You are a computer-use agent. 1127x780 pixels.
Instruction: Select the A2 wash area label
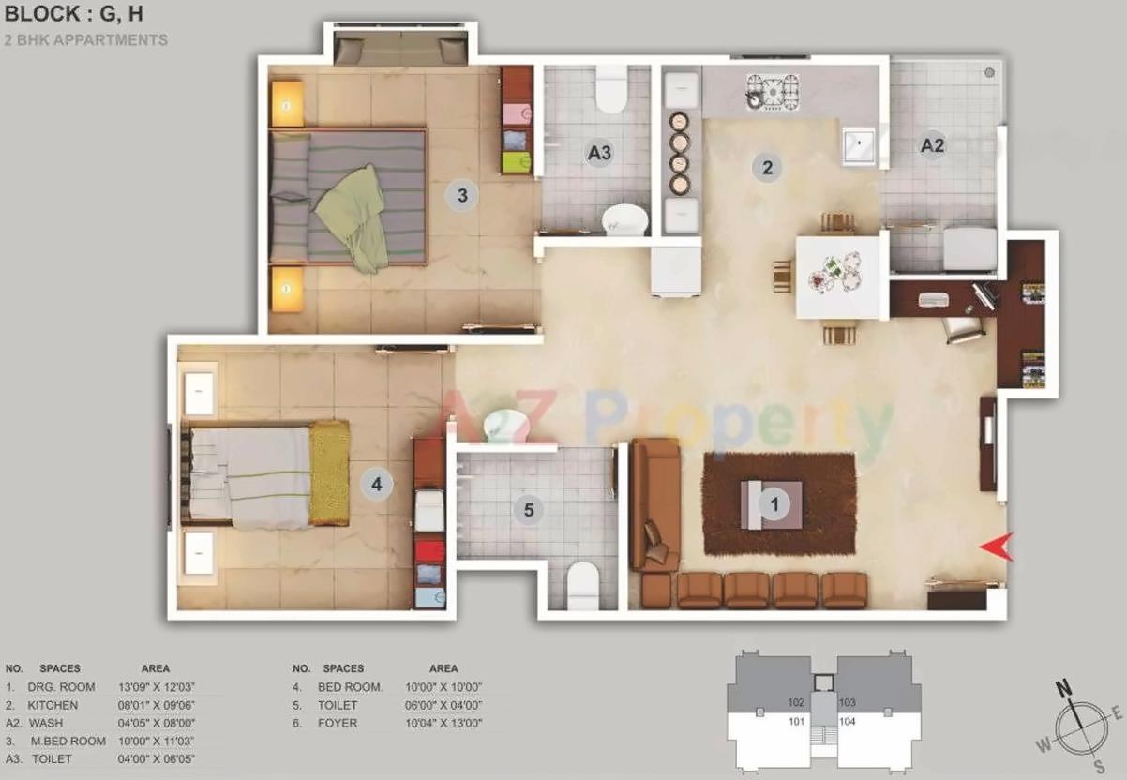[931, 145]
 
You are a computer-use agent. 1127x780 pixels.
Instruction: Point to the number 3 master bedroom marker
[461, 195]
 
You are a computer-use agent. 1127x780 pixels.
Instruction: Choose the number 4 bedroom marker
[377, 485]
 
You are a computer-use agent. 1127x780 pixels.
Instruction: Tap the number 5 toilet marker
[529, 510]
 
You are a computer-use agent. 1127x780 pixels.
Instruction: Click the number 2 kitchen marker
[767, 168]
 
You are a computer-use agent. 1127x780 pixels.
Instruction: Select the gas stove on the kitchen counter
[772, 91]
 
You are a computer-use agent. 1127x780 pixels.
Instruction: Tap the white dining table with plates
[841, 277]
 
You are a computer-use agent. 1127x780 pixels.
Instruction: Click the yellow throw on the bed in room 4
[329, 472]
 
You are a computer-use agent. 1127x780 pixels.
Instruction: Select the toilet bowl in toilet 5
[584, 585]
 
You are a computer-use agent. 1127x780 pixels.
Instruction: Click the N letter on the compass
[1064, 690]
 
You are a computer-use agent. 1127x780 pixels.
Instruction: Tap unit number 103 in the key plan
[848, 702]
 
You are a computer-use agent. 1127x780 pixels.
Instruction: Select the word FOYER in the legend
[338, 723]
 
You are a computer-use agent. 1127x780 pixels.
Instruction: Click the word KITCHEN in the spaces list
[53, 705]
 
